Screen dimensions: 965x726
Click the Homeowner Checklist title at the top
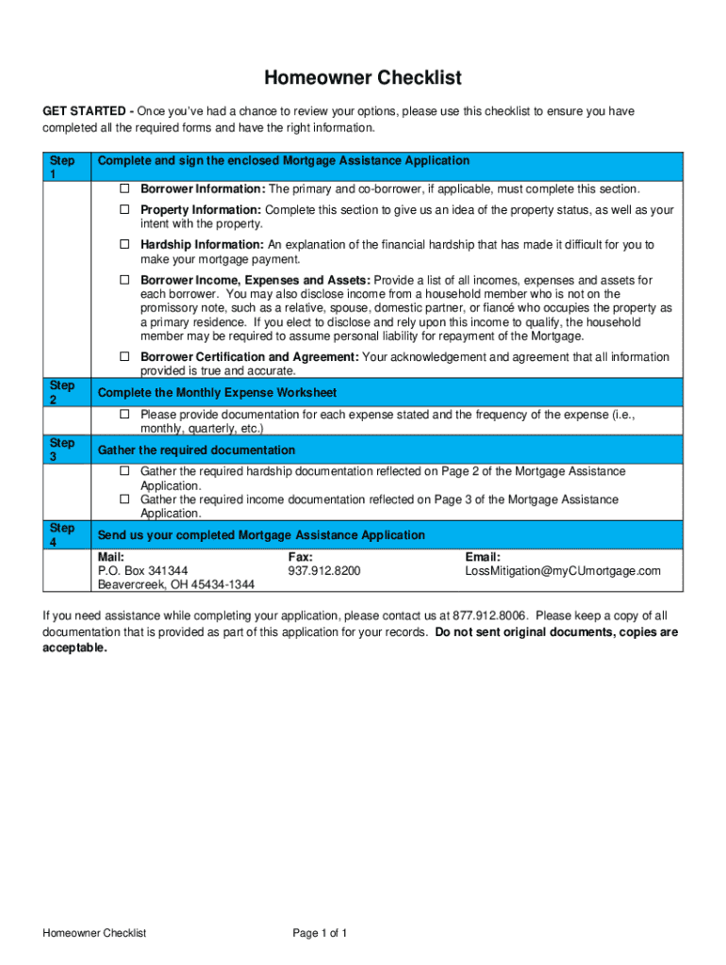[x=363, y=77]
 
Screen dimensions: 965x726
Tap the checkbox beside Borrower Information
[x=124, y=188]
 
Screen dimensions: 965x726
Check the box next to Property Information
[x=124, y=210]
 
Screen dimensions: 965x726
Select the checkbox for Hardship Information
[x=124, y=245]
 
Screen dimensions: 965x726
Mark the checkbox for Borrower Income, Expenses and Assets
[x=124, y=281]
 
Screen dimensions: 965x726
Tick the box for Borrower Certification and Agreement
[x=124, y=357]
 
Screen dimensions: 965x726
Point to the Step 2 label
[x=62, y=393]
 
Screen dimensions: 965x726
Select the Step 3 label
[x=62, y=450]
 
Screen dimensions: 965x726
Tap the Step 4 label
[x=62, y=535]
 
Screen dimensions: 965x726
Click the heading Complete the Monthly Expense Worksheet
[x=218, y=393]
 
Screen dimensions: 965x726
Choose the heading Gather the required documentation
[x=196, y=450]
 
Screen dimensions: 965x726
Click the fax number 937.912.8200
[x=324, y=571]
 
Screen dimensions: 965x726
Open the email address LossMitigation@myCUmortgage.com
[x=563, y=571]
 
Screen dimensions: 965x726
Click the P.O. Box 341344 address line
[x=142, y=571]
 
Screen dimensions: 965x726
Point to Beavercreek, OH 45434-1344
[x=176, y=584]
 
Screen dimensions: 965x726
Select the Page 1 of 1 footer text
[x=321, y=934]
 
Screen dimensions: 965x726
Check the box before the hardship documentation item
[x=124, y=471]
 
